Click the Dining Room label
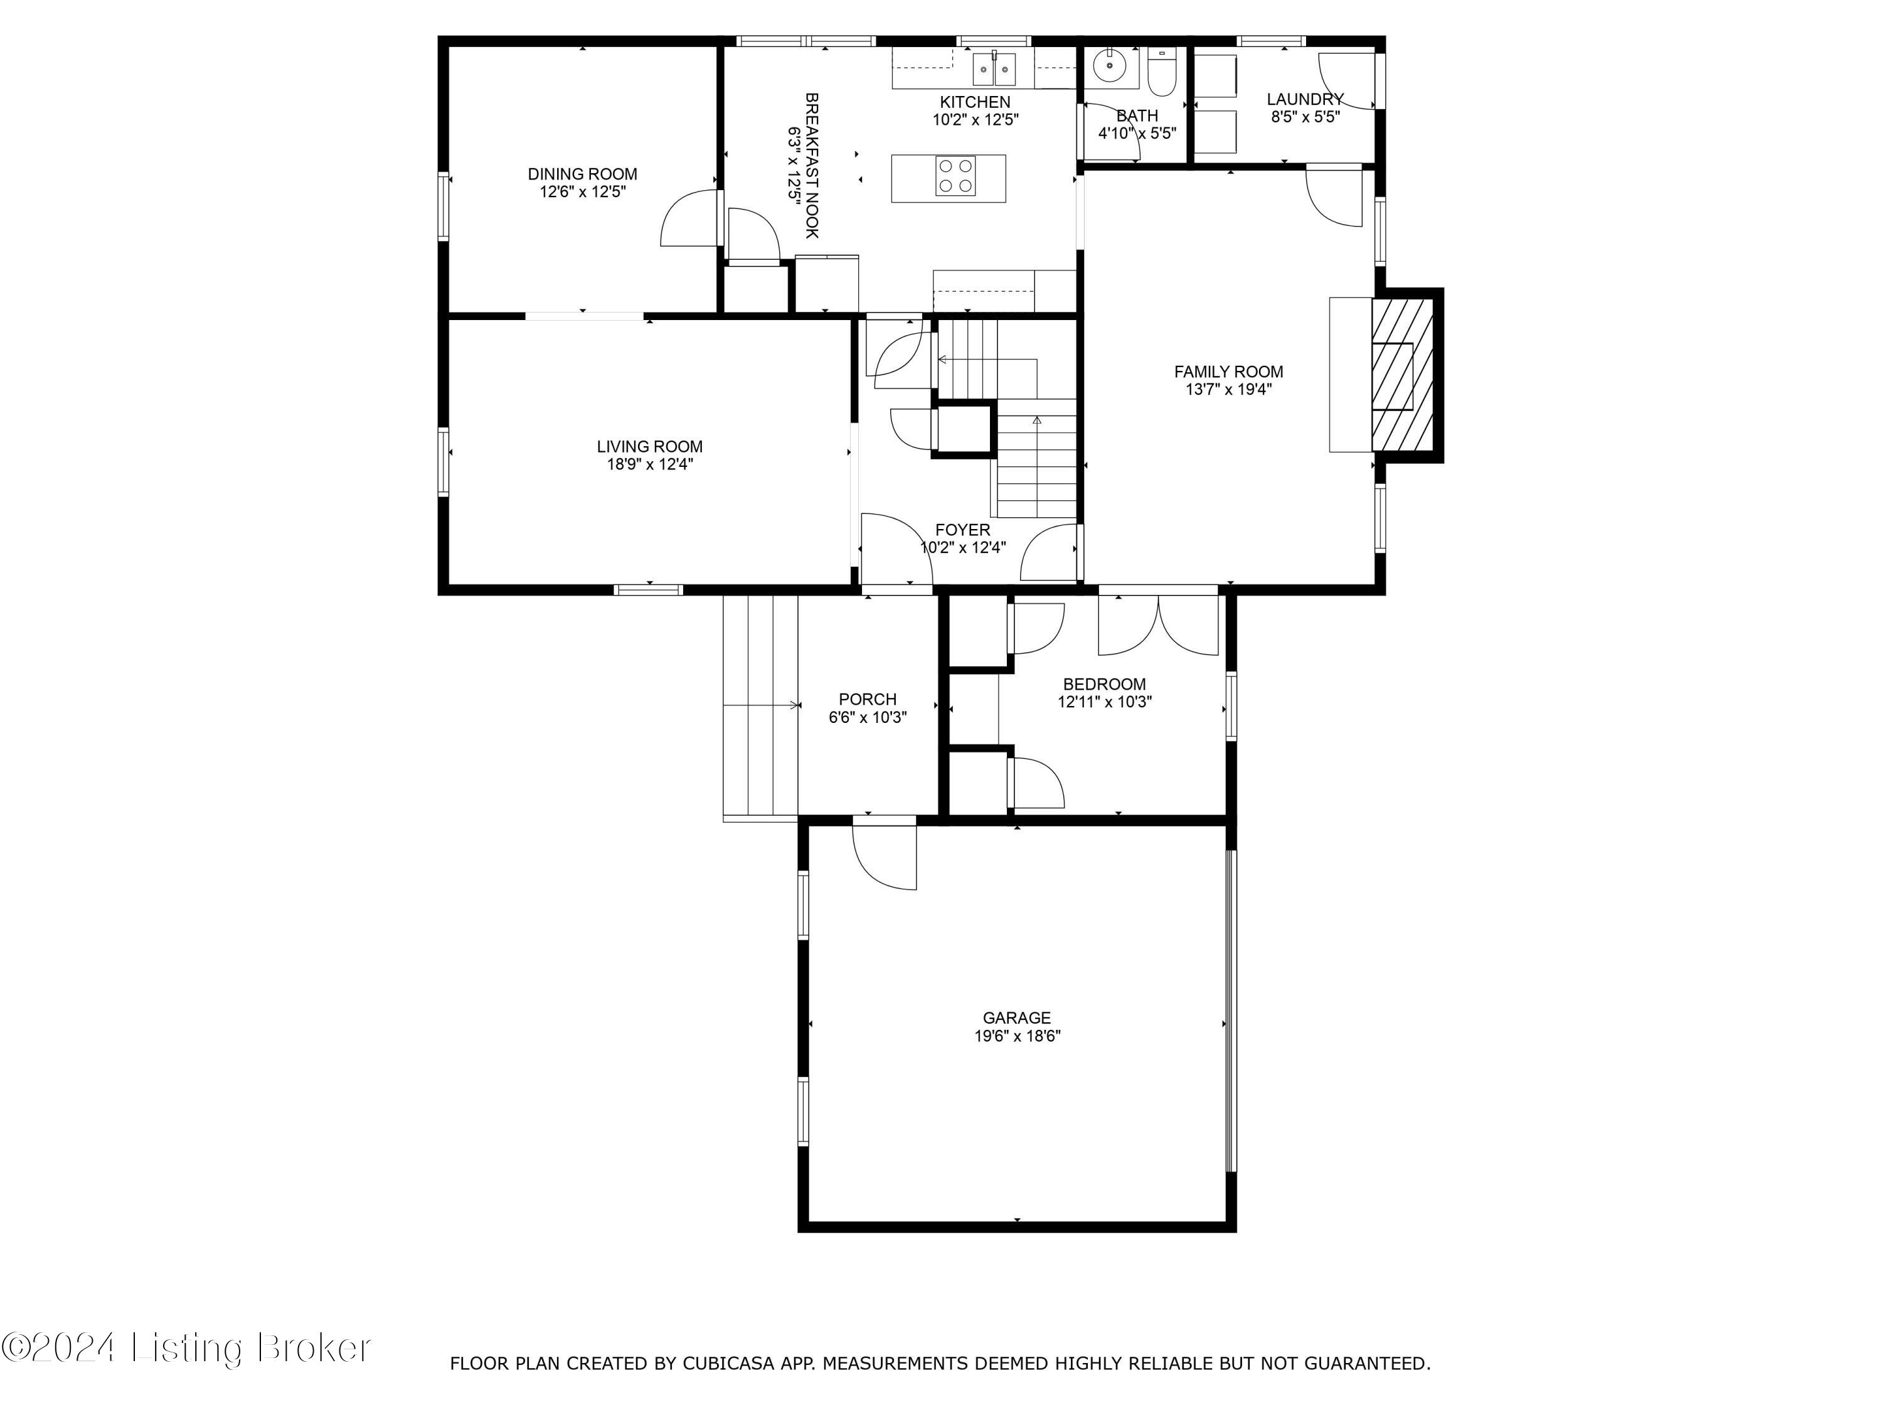[582, 174]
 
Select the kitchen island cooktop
[955, 177]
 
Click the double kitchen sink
[994, 67]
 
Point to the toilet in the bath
[1161, 75]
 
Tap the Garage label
[1017, 1017]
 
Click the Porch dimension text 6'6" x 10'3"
[867, 717]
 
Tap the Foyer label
[962, 530]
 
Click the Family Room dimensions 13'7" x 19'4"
[1228, 390]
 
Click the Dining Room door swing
[690, 219]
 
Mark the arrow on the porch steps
[795, 705]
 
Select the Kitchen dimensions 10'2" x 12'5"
[975, 120]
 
